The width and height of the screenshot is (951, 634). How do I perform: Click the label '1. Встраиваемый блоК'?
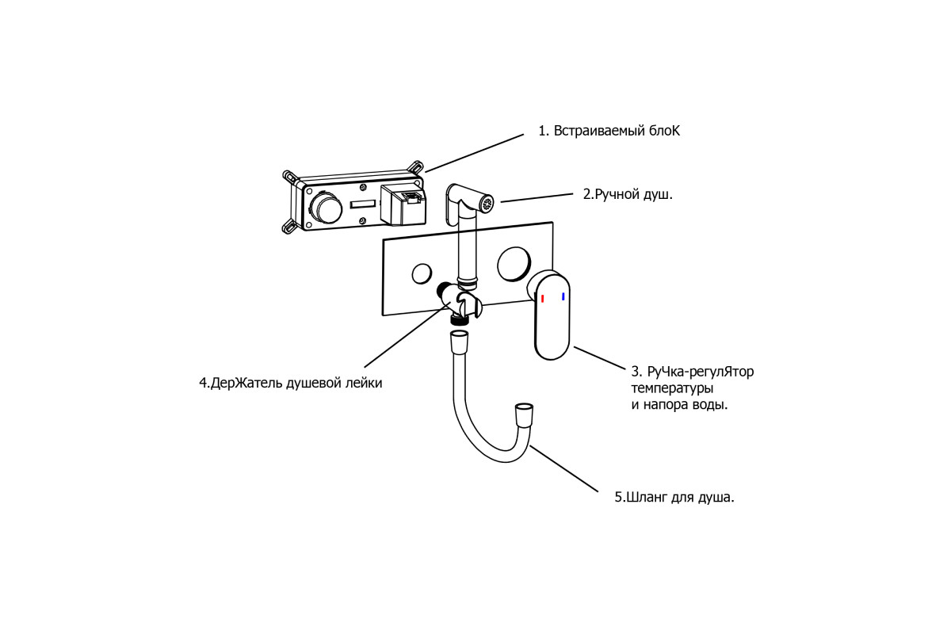609,132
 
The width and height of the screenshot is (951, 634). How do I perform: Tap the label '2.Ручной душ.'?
628,194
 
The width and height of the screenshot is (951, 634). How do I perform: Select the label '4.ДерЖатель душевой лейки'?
291,383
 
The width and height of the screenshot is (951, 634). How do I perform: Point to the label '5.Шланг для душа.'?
674,497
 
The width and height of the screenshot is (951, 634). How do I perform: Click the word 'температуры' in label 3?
672,388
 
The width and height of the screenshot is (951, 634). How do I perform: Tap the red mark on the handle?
543,299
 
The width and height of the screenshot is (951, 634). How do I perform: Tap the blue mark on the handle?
563,296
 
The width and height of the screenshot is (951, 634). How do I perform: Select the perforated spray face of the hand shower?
486,202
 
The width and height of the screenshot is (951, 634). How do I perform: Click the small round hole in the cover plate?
422,273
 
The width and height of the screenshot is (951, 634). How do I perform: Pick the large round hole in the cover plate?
514,264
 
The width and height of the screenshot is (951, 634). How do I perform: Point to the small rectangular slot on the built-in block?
363,204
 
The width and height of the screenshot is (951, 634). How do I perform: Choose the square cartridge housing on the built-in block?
403,204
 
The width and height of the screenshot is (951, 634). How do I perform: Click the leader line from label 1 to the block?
474,153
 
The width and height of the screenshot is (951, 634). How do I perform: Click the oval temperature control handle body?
552,317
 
